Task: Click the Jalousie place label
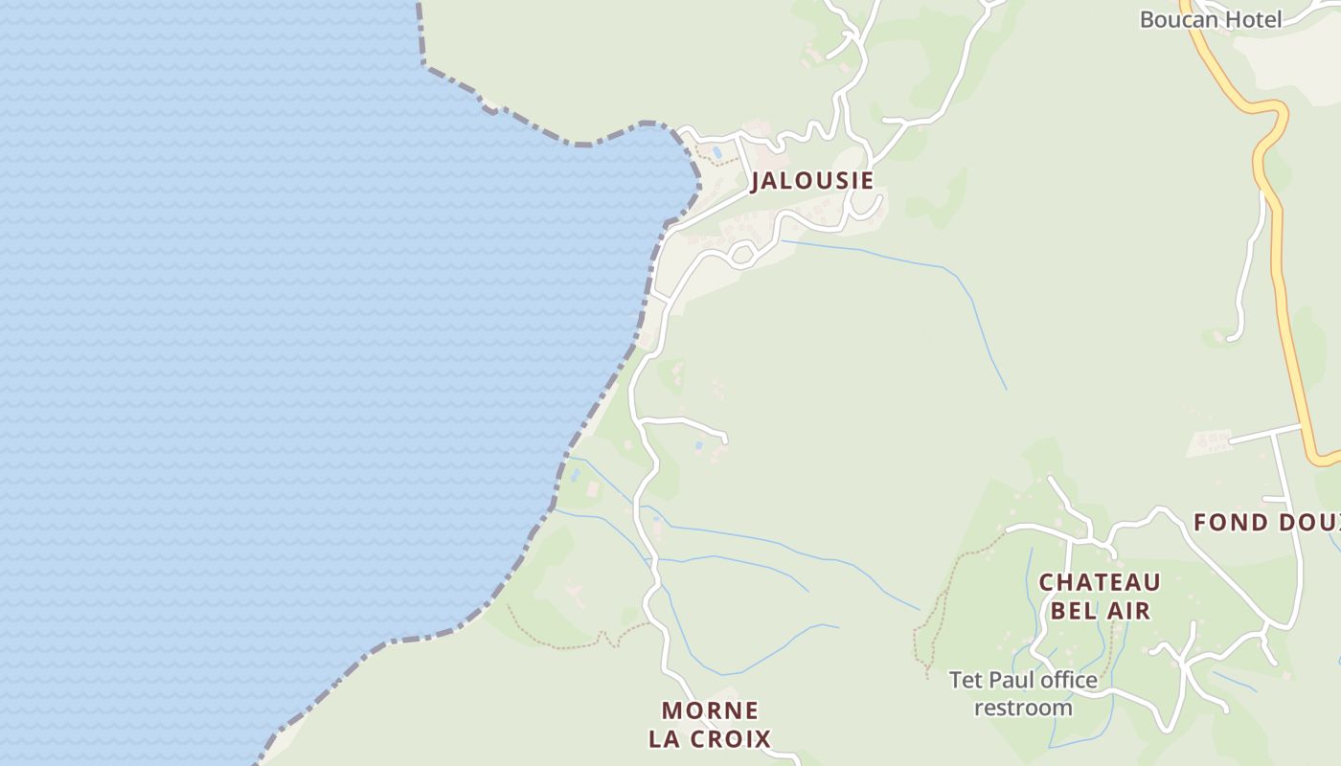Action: click(x=811, y=180)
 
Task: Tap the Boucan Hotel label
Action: click(x=1211, y=19)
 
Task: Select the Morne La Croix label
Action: click(x=710, y=725)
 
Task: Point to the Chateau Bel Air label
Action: click(x=1100, y=596)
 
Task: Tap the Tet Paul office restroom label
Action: click(x=1023, y=694)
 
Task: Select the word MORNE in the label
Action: click(x=710, y=711)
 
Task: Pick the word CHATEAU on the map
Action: click(x=1100, y=582)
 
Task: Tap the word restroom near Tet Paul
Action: click(x=1023, y=709)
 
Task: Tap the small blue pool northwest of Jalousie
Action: click(x=716, y=152)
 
